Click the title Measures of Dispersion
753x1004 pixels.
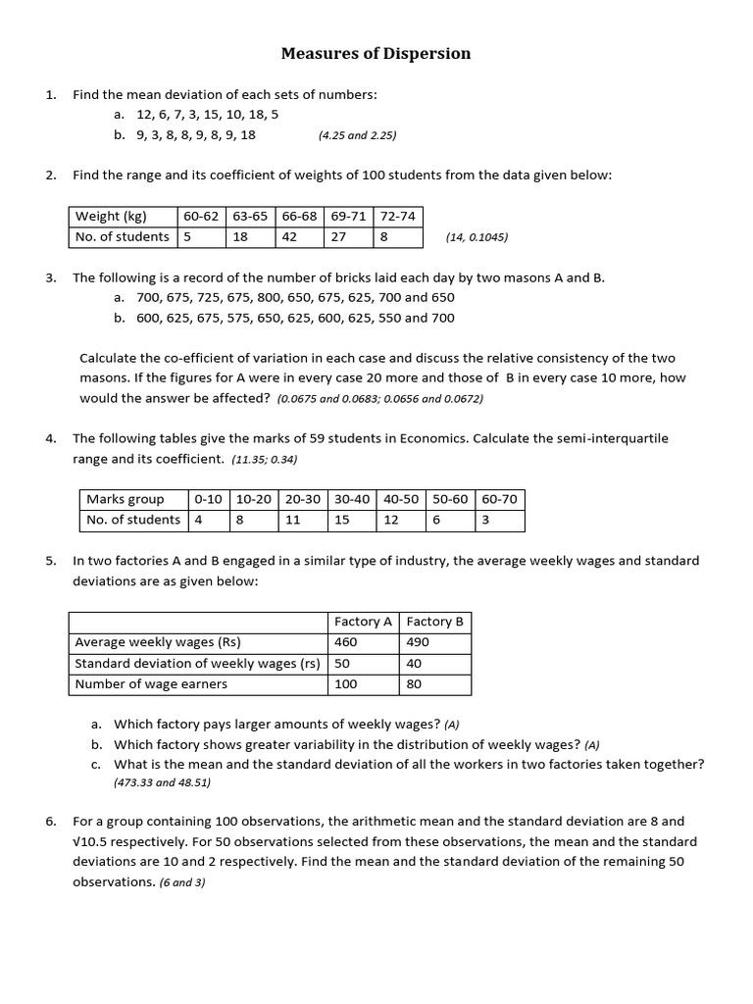coord(376,54)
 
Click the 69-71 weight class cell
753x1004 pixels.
coord(348,216)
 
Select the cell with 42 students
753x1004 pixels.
coord(289,236)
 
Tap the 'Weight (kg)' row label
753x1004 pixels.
coord(111,216)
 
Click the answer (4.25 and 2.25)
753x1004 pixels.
coord(357,135)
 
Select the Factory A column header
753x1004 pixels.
coord(363,622)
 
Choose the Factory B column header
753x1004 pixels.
coord(434,622)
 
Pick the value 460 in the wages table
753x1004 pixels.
coord(346,642)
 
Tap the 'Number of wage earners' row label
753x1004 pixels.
coord(151,684)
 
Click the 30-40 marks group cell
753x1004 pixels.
coord(352,499)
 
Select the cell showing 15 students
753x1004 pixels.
coord(342,520)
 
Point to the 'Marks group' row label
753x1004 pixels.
coord(125,499)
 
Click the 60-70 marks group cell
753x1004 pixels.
coord(499,499)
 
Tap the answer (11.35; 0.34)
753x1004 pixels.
coord(265,459)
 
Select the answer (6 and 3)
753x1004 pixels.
coord(182,882)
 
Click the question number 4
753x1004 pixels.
coord(50,438)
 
